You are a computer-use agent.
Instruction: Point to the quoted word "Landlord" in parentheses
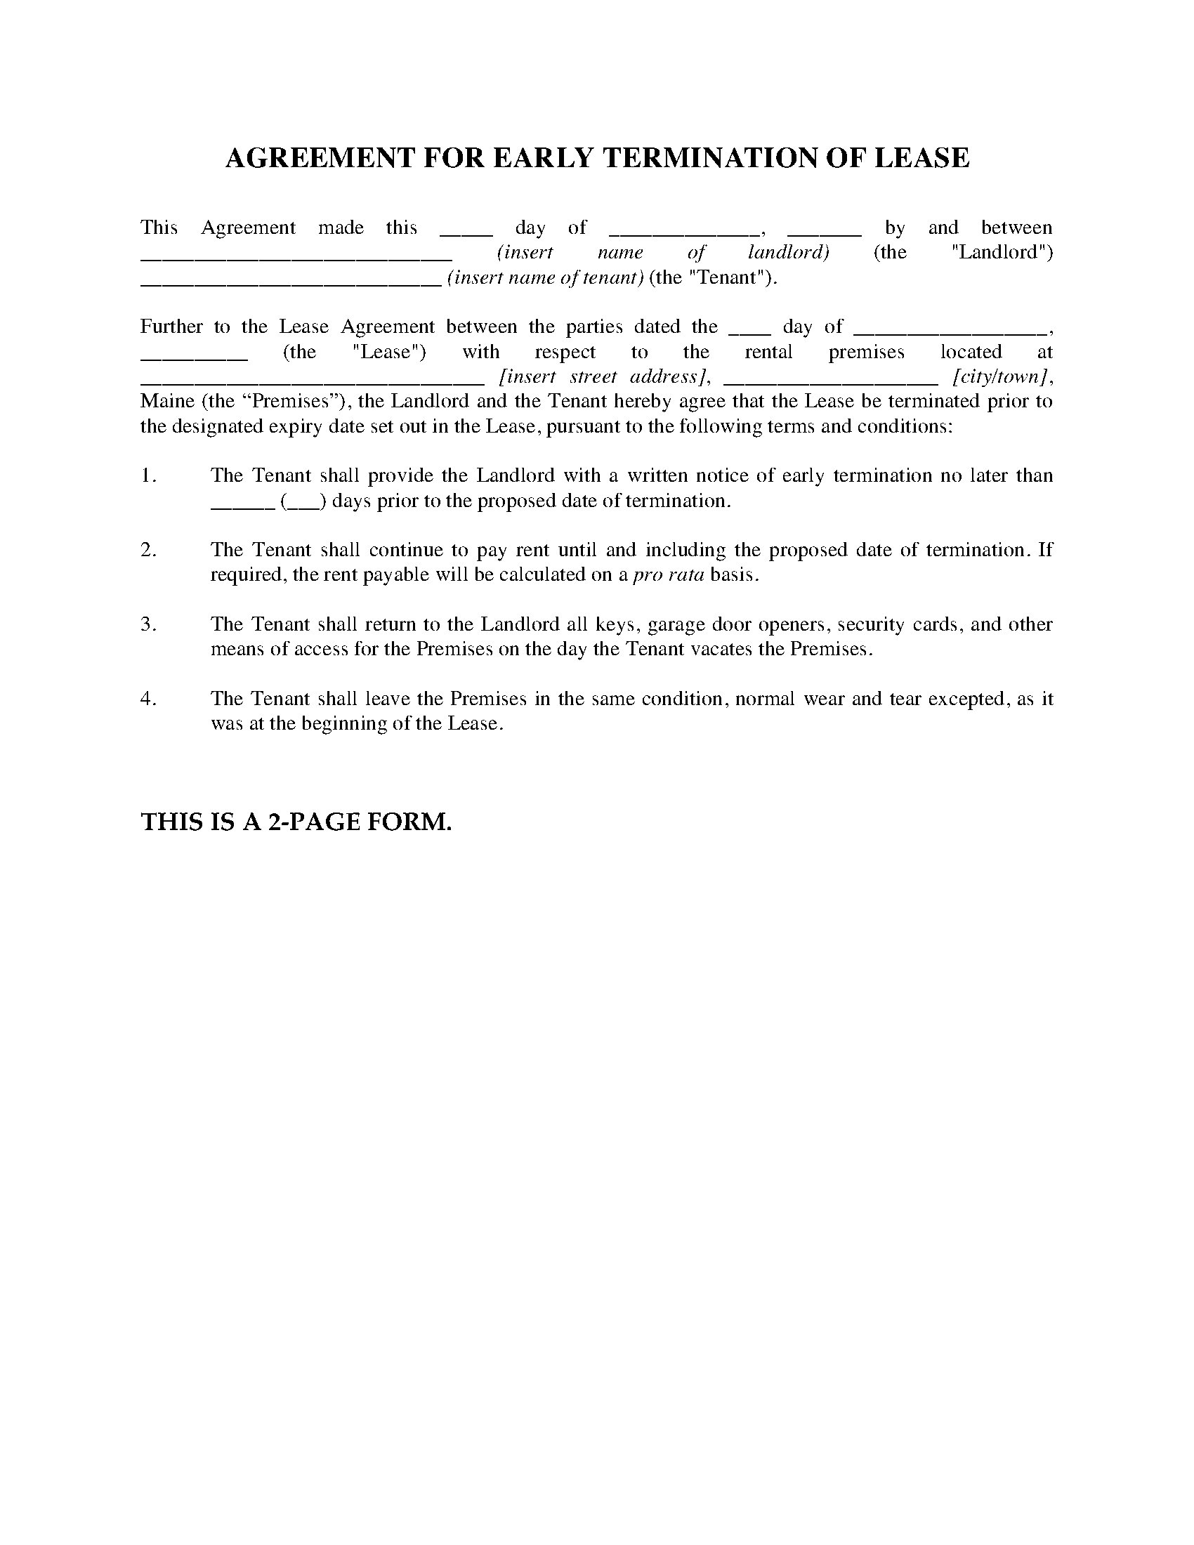pyautogui.click(x=1002, y=253)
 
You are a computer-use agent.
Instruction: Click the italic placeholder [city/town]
pyautogui.click(x=999, y=376)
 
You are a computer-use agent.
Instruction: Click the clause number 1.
pyautogui.click(x=147, y=475)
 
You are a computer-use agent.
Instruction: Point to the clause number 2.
pyautogui.click(x=147, y=550)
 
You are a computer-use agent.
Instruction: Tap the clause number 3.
pyautogui.click(x=147, y=624)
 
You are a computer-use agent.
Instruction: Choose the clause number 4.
pyautogui.click(x=147, y=698)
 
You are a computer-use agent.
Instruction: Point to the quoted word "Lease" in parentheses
pyautogui.click(x=388, y=352)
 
